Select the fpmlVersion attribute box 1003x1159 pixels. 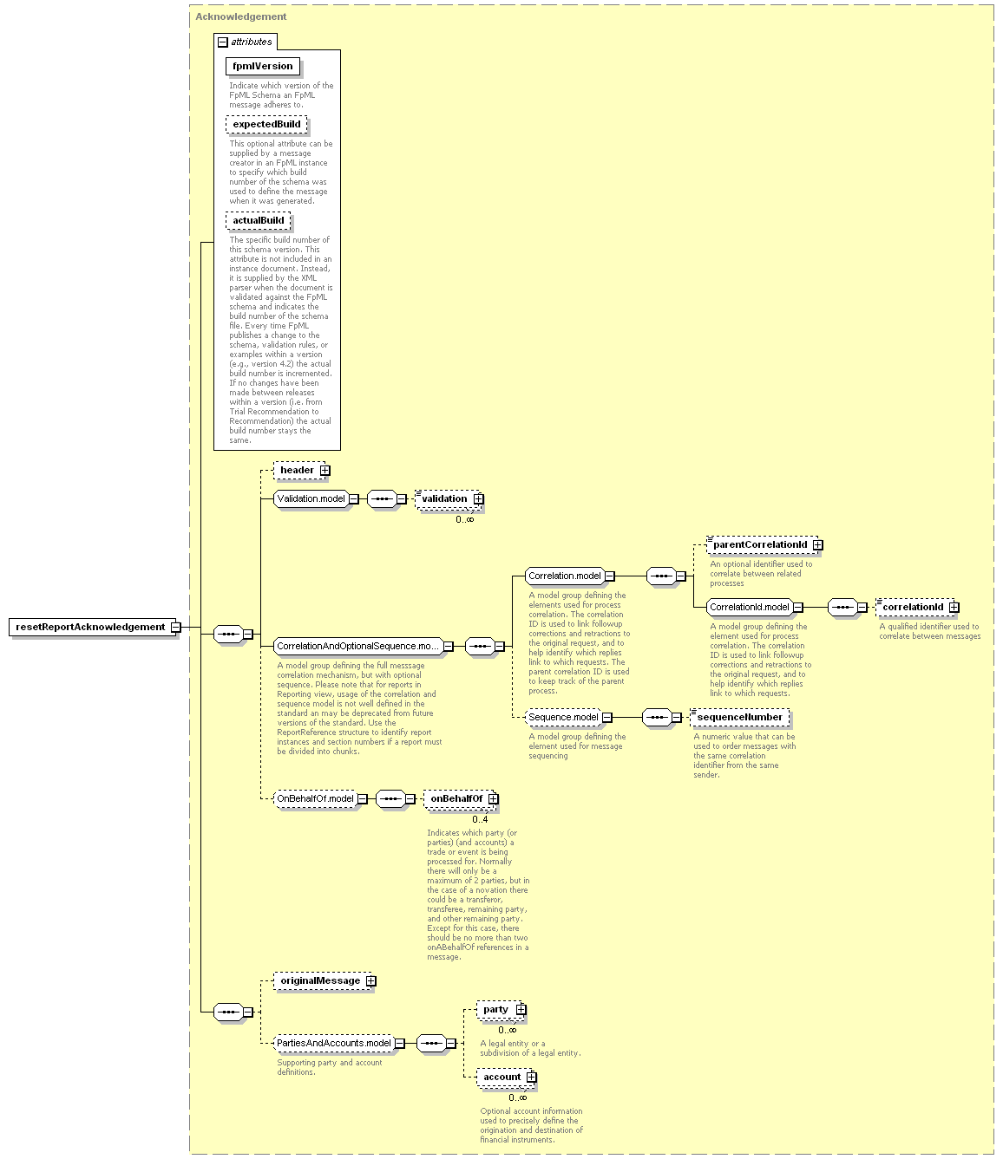click(x=263, y=66)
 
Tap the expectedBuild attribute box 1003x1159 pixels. click(x=266, y=125)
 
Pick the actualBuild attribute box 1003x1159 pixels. click(x=259, y=220)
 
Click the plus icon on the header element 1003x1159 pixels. click(x=325, y=471)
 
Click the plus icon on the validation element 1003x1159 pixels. click(x=478, y=498)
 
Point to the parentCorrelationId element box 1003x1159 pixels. click(x=764, y=544)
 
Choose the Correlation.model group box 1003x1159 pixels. click(x=568, y=576)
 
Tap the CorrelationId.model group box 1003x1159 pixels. click(x=752, y=607)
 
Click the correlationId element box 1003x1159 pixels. click(x=917, y=607)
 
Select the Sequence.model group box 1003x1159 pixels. click(x=567, y=717)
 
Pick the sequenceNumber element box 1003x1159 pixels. click(x=740, y=717)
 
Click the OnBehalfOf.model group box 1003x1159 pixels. click(x=318, y=798)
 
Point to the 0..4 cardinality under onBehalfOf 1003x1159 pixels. click(x=480, y=819)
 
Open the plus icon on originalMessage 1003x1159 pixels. click(x=371, y=980)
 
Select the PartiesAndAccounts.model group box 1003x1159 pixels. click(x=337, y=1043)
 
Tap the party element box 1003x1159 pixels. click(x=501, y=1009)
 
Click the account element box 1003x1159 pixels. click(x=506, y=1078)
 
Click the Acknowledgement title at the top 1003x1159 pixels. click(x=241, y=16)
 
